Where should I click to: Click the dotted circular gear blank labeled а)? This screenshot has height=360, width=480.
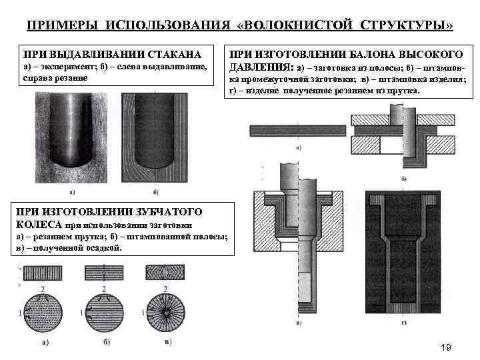coord(41,311)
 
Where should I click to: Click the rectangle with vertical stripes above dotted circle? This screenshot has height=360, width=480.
coord(41,273)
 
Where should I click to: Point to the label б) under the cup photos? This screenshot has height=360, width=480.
coord(155,193)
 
